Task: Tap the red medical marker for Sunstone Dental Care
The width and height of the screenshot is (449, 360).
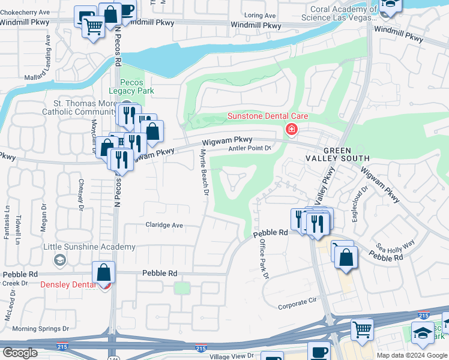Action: click(x=292, y=129)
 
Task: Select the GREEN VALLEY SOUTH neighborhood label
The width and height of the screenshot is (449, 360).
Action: click(x=346, y=154)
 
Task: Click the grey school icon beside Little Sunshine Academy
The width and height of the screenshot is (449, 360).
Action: click(x=59, y=260)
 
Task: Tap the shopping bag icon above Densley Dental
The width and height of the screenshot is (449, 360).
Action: click(x=104, y=272)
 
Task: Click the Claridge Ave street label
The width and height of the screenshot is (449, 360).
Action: click(x=164, y=225)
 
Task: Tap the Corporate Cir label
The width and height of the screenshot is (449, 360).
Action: click(x=297, y=305)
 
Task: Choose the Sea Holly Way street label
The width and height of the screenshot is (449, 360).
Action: click(x=396, y=246)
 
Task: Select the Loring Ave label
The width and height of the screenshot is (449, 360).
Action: click(x=261, y=15)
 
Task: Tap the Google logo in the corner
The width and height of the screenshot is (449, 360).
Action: click(x=20, y=353)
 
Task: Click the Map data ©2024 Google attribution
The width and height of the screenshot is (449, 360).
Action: click(x=411, y=355)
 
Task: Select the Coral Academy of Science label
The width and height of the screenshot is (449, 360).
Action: click(x=344, y=13)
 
